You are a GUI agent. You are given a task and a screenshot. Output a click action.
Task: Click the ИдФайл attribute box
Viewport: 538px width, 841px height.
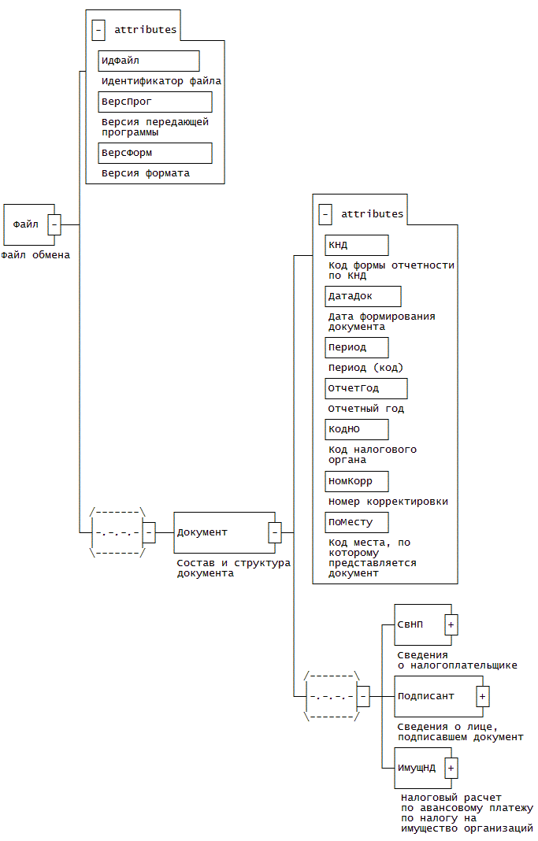(x=149, y=61)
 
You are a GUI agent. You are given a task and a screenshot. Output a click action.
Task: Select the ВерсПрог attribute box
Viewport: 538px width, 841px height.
(x=155, y=102)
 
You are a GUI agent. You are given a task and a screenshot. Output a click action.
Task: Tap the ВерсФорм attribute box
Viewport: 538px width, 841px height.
(x=155, y=153)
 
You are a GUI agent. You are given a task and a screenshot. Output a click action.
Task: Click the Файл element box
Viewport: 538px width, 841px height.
(x=26, y=224)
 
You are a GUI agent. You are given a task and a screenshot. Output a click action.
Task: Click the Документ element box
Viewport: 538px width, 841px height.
(x=221, y=532)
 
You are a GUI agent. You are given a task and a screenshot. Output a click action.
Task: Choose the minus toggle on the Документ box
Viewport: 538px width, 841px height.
(x=275, y=532)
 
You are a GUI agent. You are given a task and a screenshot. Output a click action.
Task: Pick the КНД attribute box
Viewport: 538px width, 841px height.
(x=357, y=245)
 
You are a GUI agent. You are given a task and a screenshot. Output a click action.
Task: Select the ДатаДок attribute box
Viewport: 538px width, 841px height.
(x=363, y=296)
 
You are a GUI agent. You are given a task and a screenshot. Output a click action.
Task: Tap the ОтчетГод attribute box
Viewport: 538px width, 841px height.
(x=366, y=388)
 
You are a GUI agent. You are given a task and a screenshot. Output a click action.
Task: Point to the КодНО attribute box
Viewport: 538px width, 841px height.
(x=357, y=429)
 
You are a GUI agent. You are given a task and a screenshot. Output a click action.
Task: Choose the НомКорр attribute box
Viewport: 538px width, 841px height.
(x=357, y=480)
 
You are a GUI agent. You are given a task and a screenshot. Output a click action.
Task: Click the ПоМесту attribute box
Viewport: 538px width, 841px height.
(x=357, y=521)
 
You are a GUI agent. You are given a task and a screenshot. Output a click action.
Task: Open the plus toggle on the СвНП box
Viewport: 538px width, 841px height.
(x=451, y=624)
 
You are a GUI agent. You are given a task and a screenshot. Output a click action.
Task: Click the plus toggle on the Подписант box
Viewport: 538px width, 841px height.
(x=483, y=696)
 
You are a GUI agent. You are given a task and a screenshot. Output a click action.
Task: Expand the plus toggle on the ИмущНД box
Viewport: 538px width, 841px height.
(x=451, y=768)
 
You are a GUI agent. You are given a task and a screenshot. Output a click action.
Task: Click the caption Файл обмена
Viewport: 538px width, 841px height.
(x=35, y=255)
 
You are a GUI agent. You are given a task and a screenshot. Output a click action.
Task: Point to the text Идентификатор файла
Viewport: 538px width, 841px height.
(x=161, y=81)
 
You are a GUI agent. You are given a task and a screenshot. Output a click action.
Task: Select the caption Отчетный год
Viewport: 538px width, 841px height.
(x=366, y=409)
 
